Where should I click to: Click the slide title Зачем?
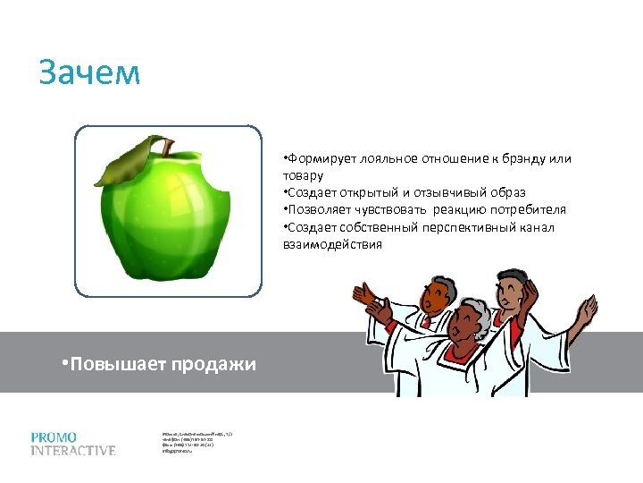[x=89, y=73]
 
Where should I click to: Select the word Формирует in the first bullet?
[x=321, y=158]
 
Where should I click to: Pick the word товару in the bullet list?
[x=303, y=175]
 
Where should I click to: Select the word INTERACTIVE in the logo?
[x=73, y=451]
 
